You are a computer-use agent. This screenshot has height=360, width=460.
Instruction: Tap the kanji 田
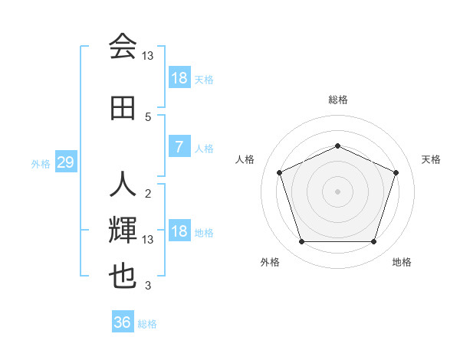click(123, 108)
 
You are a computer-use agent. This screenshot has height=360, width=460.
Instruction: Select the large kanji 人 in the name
click(123, 185)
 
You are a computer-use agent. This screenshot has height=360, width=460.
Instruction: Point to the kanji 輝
click(123, 230)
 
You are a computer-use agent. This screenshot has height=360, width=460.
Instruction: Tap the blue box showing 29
click(65, 163)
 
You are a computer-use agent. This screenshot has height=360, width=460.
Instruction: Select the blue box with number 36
click(123, 322)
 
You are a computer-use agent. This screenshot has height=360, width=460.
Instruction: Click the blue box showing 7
click(179, 147)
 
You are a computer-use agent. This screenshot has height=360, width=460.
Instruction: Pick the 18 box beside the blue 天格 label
click(179, 78)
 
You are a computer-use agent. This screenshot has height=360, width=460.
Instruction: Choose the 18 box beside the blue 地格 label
click(179, 231)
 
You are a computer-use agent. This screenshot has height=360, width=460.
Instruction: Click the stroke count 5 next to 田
click(148, 116)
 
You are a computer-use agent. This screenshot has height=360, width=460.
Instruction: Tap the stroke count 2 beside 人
click(148, 193)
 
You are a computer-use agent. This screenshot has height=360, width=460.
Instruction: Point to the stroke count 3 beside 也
click(148, 286)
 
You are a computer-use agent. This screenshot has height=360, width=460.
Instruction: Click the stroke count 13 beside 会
click(148, 55)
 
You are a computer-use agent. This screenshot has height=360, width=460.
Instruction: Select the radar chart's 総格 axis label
click(337, 100)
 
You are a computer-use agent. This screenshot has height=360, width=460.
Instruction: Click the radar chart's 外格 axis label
click(270, 262)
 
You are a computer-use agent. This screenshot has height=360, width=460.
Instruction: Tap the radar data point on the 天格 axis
click(396, 172)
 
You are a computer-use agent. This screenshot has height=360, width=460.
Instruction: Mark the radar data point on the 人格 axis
click(279, 172)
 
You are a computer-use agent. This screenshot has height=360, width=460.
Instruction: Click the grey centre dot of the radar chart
click(337, 191)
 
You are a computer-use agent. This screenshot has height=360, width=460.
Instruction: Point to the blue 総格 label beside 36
click(147, 324)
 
